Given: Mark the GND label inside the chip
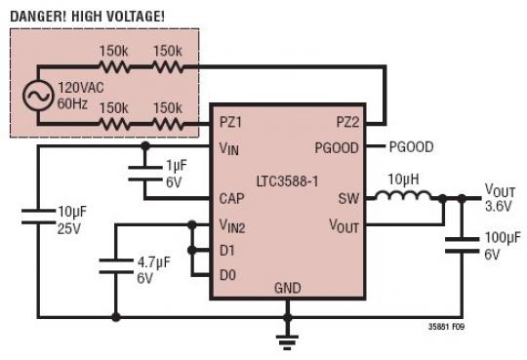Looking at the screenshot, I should (x=288, y=290).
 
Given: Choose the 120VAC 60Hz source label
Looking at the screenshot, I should (x=79, y=96).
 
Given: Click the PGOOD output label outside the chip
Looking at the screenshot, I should (x=411, y=147).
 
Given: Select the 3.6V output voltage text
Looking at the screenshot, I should (x=499, y=206).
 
